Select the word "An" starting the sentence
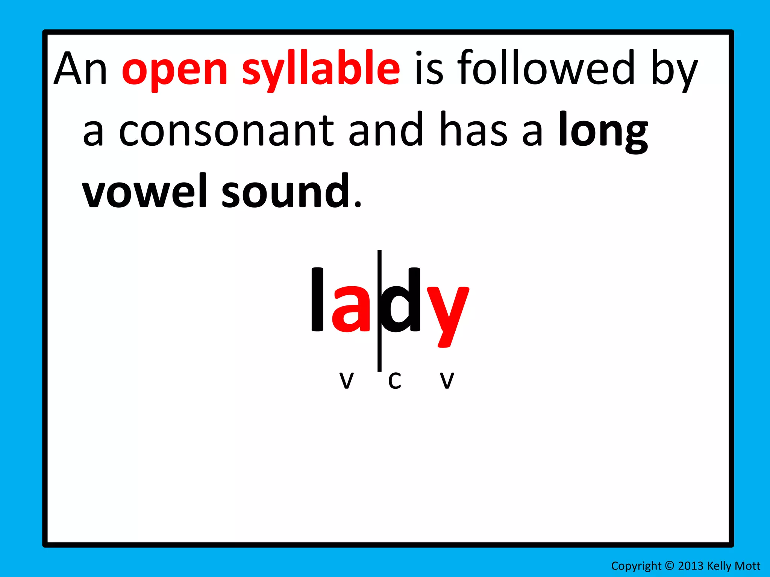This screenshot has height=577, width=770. point(80,68)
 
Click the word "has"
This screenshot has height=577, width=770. point(474,130)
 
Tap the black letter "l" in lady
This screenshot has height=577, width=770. point(317,299)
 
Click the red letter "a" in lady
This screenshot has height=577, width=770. point(351,309)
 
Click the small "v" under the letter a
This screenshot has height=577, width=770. point(346,381)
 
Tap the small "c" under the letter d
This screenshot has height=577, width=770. point(395,381)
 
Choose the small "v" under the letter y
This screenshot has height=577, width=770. point(447,381)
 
